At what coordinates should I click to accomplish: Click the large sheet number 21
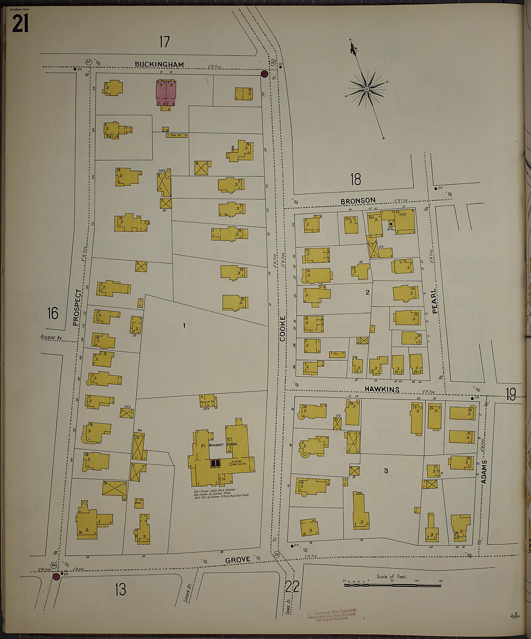pos(20,24)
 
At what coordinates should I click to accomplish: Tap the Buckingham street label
pos(159,65)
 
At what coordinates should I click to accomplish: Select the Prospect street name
pos(77,308)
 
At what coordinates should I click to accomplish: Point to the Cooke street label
pos(283,329)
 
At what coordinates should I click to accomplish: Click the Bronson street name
pos(358,201)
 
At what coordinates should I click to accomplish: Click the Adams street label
pos(484,472)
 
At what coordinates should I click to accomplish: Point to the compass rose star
pos(367,89)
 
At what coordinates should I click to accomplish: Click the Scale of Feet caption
pos(391,576)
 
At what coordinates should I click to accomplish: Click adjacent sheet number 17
pos(164,42)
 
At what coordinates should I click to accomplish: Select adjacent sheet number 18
pos(355,179)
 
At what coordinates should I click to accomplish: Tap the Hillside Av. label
pos(51,337)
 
